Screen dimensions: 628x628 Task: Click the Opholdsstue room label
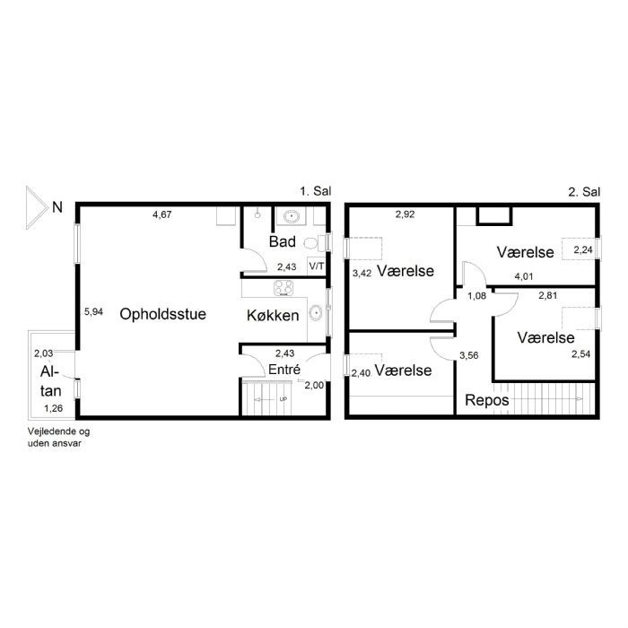pyautogui.click(x=162, y=314)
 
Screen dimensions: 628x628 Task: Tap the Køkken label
pyautogui.click(x=273, y=316)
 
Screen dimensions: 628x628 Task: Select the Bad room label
pyautogui.click(x=283, y=241)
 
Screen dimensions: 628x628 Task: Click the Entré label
pyautogui.click(x=284, y=370)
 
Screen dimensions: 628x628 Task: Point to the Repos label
pyautogui.click(x=486, y=400)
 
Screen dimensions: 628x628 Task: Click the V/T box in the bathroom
pyautogui.click(x=317, y=266)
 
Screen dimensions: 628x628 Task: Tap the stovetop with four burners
pyautogui.click(x=283, y=288)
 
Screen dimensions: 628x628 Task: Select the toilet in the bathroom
pyautogui.click(x=315, y=243)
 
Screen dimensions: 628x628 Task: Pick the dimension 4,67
pyautogui.click(x=162, y=214)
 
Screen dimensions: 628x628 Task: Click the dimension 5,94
pyautogui.click(x=93, y=311)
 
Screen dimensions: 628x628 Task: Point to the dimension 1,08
pyautogui.click(x=477, y=296)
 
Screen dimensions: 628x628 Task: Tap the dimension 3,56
pyautogui.click(x=469, y=355)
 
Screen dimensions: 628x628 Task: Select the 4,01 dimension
pyautogui.click(x=524, y=276)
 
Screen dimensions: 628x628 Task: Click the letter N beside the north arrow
pyautogui.click(x=57, y=207)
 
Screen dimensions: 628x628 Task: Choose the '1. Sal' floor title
pyautogui.click(x=316, y=191)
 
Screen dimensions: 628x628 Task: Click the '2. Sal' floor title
pyautogui.click(x=584, y=191)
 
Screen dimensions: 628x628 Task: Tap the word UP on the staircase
pyautogui.click(x=283, y=399)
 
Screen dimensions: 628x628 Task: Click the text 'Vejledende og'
pyautogui.click(x=58, y=432)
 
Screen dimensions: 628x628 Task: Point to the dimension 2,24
pyautogui.click(x=583, y=250)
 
